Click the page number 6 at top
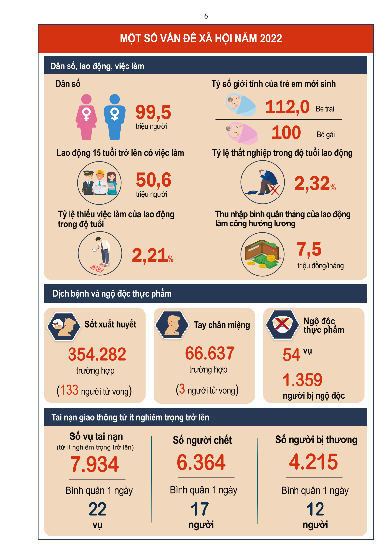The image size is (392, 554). tap(206, 16)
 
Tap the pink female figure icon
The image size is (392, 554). tap(86, 117)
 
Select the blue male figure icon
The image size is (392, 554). tap(114, 117)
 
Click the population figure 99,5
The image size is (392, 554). tap(153, 112)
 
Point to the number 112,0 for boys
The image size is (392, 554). tap(287, 107)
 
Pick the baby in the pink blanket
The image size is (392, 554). tap(241, 133)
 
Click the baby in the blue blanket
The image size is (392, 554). tap(241, 105)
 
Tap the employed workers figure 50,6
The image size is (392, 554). tap(154, 180)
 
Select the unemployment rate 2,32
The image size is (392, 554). tap(312, 183)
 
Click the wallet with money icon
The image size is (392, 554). tap(263, 254)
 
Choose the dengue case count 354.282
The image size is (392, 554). tap(97, 355)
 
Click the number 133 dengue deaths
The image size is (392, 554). tap(69, 390)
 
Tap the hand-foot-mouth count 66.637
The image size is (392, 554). tap(210, 354)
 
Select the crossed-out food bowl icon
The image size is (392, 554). tap(283, 324)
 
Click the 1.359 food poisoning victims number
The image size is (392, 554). tap(302, 380)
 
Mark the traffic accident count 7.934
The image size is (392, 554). tap(95, 464)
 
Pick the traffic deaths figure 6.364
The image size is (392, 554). tap(201, 462)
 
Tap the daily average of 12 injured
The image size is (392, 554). tap(315, 509)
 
